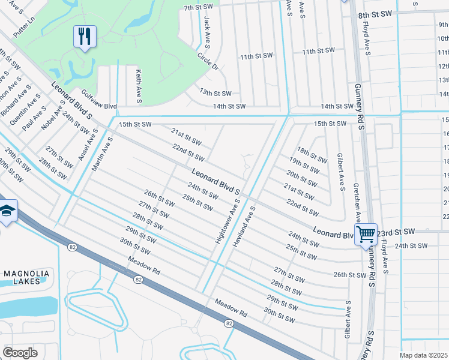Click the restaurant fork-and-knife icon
[x=85, y=37]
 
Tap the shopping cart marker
[x=365, y=233]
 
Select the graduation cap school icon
[x=7, y=211]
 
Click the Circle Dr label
[x=208, y=60]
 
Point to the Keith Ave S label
[x=139, y=85]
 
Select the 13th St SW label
[x=215, y=93]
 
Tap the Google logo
[x=20, y=353]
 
